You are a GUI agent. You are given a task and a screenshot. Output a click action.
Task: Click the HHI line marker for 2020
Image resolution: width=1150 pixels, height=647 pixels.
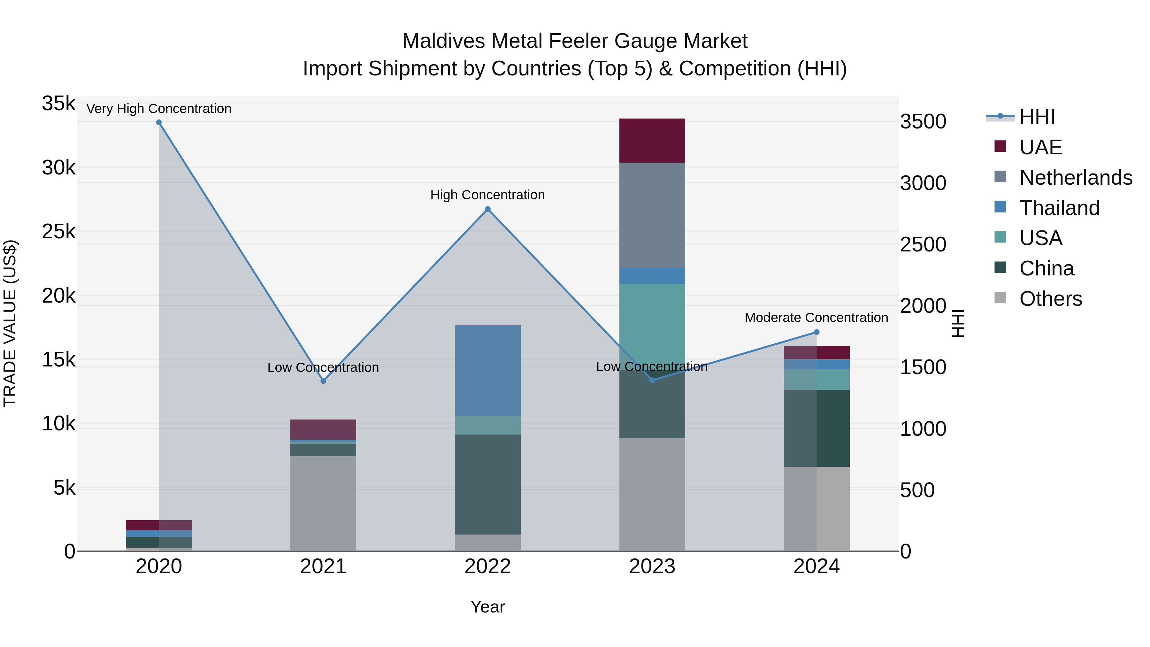[x=159, y=122]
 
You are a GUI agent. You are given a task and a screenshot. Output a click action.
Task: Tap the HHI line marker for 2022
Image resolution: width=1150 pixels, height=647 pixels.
[x=487, y=209]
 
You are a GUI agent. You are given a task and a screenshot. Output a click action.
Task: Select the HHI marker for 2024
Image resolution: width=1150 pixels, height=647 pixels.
[x=816, y=332]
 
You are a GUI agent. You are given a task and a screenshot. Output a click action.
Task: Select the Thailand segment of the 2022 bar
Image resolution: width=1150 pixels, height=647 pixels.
[x=487, y=371]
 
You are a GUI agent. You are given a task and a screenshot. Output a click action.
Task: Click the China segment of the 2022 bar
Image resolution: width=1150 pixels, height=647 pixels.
[x=487, y=484]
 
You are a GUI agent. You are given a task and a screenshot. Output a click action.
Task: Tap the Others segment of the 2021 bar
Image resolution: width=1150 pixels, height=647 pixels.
[x=323, y=503]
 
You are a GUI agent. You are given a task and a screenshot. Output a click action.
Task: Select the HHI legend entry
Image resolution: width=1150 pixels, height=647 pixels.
[x=1037, y=117]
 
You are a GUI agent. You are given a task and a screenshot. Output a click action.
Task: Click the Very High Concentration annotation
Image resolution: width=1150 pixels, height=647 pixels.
[x=159, y=109]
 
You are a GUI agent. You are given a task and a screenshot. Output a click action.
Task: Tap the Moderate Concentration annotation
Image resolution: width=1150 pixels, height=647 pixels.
[x=816, y=318]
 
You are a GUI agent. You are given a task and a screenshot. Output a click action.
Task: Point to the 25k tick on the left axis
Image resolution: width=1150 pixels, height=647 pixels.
[x=58, y=231]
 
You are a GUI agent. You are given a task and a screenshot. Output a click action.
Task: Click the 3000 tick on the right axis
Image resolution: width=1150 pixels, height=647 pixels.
[x=923, y=183]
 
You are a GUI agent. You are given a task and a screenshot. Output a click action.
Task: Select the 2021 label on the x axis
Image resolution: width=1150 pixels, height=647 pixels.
[x=323, y=566]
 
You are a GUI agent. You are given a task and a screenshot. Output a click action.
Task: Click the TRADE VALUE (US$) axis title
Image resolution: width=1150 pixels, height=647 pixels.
[x=10, y=323]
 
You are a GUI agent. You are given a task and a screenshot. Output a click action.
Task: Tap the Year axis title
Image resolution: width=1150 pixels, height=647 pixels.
[x=487, y=607]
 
